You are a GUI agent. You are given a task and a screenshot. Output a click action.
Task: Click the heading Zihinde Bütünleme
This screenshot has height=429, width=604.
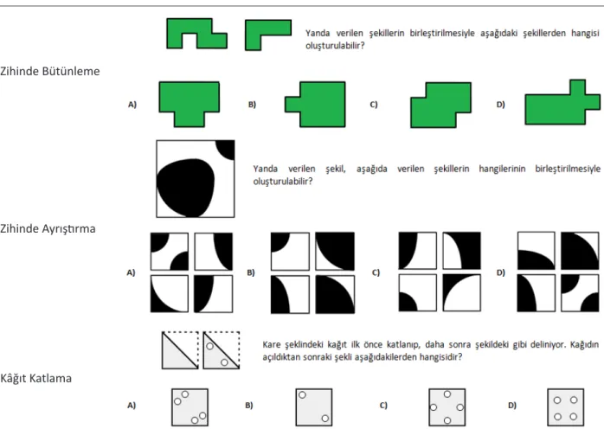[x=49, y=71]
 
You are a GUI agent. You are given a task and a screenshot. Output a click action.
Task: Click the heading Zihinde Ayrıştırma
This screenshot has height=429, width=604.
[x=48, y=228]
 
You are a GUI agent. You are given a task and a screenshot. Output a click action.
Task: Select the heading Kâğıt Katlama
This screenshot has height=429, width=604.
[x=35, y=378]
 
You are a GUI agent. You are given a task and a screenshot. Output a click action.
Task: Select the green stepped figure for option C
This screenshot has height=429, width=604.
[x=443, y=106]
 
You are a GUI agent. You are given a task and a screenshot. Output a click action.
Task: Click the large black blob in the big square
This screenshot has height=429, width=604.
[x=186, y=187]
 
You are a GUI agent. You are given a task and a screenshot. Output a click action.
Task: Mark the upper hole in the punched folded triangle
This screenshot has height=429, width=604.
[x=209, y=346]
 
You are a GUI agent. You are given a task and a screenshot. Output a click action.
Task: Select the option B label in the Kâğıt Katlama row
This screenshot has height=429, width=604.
[x=249, y=406]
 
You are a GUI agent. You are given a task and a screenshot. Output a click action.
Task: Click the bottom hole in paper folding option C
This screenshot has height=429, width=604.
[x=447, y=420]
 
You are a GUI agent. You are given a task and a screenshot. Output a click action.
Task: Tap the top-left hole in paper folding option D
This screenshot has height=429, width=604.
[x=557, y=400]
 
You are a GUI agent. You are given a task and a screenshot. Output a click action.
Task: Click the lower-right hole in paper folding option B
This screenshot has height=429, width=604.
[x=325, y=419]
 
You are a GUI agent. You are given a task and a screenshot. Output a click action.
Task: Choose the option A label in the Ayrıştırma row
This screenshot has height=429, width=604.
[x=131, y=272]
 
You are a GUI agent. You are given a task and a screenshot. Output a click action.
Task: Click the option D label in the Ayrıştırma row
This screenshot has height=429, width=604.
[x=500, y=272]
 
